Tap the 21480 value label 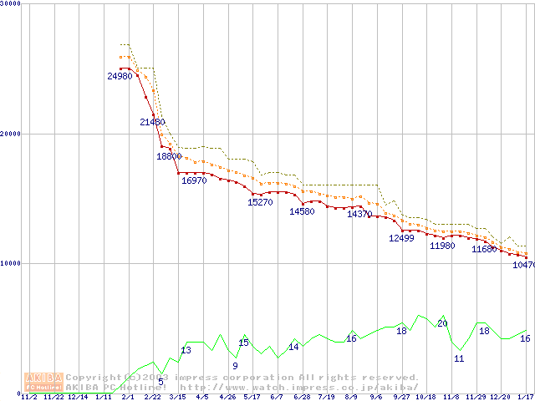tap(152, 122)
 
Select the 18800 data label tap(169, 156)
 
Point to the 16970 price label tap(194, 180)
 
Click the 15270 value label tap(260, 202)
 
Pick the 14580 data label tap(302, 211)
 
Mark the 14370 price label tap(359, 215)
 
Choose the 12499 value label tap(401, 238)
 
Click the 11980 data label tap(442, 246)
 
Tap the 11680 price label tap(484, 249)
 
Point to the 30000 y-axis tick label tap(10, 3)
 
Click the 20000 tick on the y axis tap(10, 133)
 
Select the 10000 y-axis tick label tap(10, 263)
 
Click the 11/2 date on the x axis tap(28, 397)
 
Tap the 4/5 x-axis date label tap(202, 397)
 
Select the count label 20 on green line tap(442, 323)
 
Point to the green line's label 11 tap(459, 358)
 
